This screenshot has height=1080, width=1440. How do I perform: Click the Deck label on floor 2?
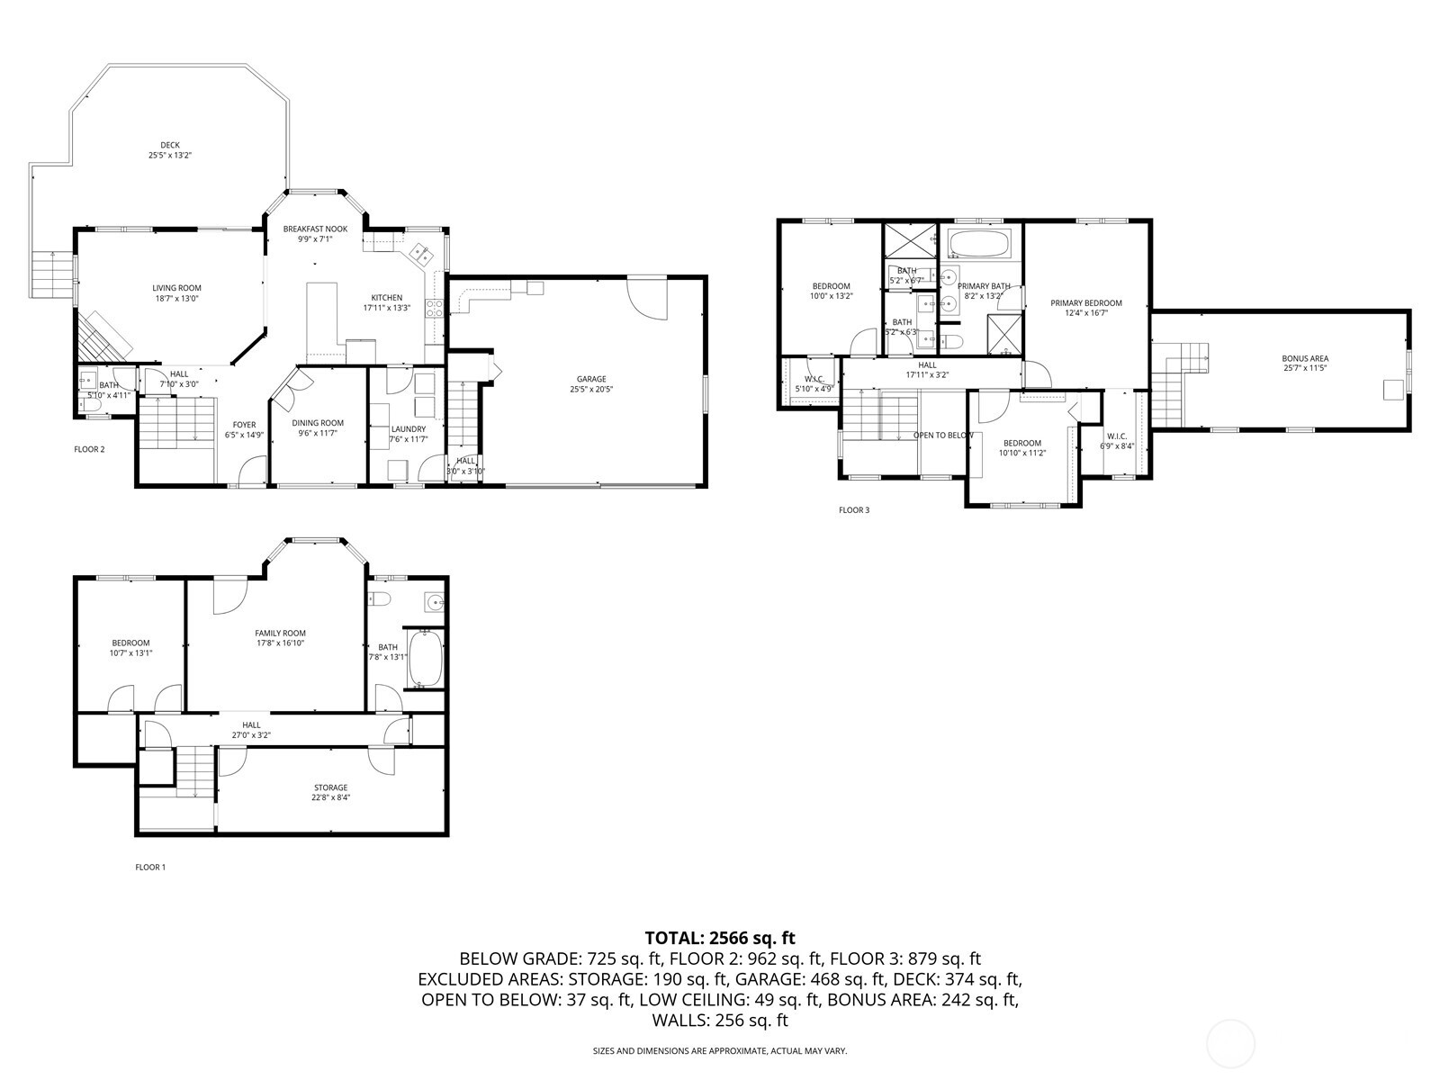pos(170,145)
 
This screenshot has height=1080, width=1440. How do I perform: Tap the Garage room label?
pos(588,379)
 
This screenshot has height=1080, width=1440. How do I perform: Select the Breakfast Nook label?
pos(315,229)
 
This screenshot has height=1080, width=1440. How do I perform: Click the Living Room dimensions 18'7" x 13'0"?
pos(176,298)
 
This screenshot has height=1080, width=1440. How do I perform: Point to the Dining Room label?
pos(318,423)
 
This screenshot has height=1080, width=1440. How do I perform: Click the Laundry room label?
pos(408,428)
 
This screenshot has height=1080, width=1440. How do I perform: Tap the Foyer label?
pos(244,425)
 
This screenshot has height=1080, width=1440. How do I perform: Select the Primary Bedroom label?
pos(1086,303)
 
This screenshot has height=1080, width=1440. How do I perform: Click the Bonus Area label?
pos(1305,358)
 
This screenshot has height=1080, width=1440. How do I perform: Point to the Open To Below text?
pos(943,436)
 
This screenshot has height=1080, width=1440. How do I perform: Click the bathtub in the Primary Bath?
pos(979,244)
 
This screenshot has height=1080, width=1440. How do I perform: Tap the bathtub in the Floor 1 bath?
pos(424,659)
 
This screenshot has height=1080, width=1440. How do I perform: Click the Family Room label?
pos(280,633)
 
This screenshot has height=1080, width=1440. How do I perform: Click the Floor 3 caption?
pos(854,510)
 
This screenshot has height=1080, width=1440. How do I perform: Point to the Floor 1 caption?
pos(150,868)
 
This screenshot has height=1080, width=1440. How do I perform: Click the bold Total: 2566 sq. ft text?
pos(720,938)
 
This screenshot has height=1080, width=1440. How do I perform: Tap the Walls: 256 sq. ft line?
pos(720,1020)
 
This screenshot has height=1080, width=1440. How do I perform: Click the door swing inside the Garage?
pos(648,297)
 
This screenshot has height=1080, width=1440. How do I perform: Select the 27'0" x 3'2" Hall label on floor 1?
pos(251,735)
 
